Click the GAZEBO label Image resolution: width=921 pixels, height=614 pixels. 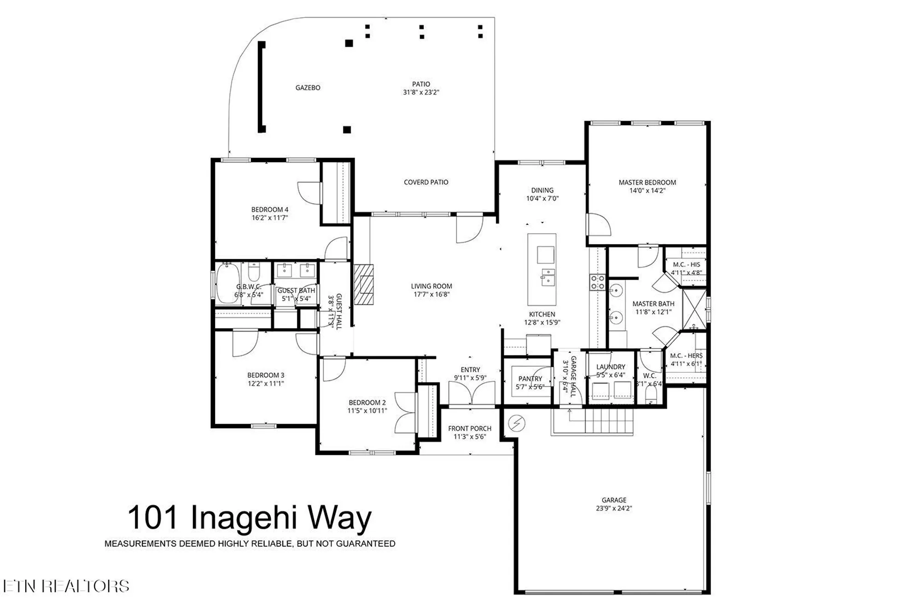tap(308, 88)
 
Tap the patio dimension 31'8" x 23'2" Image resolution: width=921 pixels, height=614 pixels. tap(421, 92)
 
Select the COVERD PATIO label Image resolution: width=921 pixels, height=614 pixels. tap(426, 182)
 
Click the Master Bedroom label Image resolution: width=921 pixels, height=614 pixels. tap(647, 182)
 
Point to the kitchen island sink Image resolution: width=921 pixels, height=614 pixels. tap(548, 278)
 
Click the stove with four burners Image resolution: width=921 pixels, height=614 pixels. tap(598, 282)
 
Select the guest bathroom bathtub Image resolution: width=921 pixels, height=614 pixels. tap(227, 283)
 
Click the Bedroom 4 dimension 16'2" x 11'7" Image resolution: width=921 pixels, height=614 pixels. tap(270, 217)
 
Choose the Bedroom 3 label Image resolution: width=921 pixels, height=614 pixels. tap(266, 375)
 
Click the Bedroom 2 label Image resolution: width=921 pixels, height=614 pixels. tap(367, 402)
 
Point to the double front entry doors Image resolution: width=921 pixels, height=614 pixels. tap(471, 394)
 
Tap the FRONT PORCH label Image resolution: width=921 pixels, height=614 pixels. tap(470, 428)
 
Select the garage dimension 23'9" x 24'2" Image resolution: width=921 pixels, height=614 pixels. tap(614, 508)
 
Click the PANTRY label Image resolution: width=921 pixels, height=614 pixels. tap(530, 379)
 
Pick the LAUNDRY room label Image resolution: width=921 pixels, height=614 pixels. tap(611, 367)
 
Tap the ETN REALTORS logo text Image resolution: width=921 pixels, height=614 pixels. tap(66, 586)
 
